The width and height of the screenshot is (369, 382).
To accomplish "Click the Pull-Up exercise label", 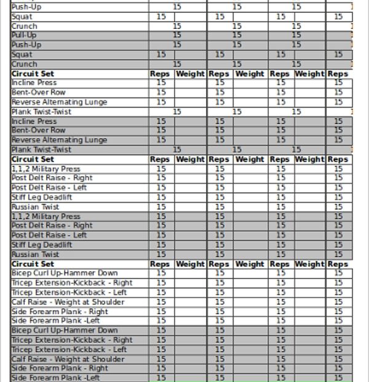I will click(24, 36).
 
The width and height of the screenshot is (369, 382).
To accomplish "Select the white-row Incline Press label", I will click(34, 83).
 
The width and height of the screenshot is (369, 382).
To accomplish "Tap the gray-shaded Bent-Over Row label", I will click(38, 131).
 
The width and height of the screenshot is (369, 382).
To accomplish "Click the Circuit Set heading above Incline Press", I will click(33, 73).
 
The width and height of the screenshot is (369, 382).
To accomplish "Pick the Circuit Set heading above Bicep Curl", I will click(33, 264).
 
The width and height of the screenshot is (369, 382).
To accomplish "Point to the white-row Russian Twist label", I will click(35, 207).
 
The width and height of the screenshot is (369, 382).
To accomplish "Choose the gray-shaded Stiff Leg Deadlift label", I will click(41, 245).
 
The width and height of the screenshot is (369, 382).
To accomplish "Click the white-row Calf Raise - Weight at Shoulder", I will click(68, 302).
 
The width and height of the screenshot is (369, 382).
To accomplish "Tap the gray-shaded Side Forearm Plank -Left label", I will click(55, 378).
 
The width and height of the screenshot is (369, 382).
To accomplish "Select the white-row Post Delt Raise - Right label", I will click(52, 178).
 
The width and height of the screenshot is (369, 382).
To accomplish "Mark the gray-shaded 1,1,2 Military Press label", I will click(46, 216).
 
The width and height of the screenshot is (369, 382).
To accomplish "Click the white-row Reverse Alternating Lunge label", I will click(59, 102).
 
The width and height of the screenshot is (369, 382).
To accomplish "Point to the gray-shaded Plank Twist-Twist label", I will click(41, 150).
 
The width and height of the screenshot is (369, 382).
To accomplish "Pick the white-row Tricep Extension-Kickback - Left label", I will click(69, 292).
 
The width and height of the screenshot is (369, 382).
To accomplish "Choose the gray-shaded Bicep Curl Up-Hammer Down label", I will click(65, 330).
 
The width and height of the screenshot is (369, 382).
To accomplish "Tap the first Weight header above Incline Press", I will click(190, 73).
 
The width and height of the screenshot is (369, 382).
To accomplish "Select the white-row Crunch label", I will click(24, 26).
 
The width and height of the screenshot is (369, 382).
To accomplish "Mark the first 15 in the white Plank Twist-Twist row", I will click(177, 112).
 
